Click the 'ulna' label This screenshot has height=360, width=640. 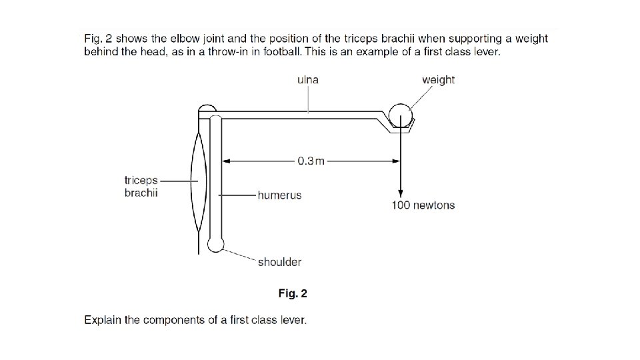point(307,80)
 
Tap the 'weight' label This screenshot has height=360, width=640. point(438,80)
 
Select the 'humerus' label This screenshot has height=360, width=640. point(279,195)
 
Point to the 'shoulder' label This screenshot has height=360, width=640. point(279,262)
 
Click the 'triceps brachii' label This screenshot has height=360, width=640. point(141,187)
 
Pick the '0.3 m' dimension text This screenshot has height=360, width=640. point(311,161)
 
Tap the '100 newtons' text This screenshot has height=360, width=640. point(423,205)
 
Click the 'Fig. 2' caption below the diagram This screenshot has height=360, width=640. point(293,293)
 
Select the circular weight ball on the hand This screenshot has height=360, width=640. point(399,113)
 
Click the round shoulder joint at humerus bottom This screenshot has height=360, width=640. point(215,245)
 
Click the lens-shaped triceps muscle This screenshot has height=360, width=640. point(200,180)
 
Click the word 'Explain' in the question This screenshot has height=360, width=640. point(103,320)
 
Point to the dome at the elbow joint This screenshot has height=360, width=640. point(207,108)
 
